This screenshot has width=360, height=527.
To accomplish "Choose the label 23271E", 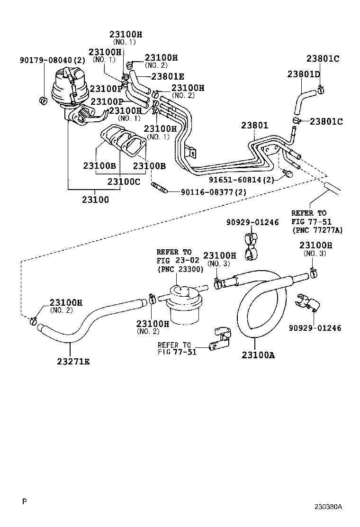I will tap(73, 362).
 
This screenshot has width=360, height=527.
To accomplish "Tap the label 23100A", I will tap(258, 354).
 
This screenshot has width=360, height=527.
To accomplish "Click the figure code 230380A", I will tap(328, 507).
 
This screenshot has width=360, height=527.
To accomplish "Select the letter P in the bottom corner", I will tap(24, 501).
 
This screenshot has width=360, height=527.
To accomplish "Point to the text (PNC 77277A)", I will tap(317, 230).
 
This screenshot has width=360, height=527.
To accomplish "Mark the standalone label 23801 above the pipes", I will tap(254, 126).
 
